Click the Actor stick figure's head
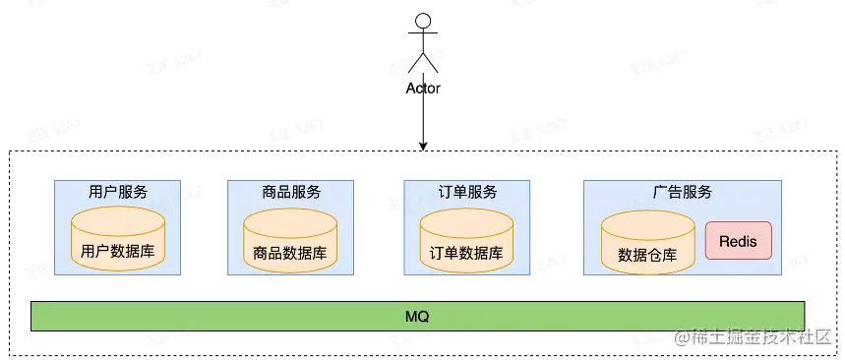pos(423,20)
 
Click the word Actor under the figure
pos(423,88)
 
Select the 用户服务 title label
pos(117,192)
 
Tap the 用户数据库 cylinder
pos(117,240)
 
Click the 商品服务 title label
pos(291,192)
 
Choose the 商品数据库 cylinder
pos(290,241)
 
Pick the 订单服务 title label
pos(467,192)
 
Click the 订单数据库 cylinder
pos(466,241)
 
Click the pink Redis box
pos(738,241)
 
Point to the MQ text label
pos(417,317)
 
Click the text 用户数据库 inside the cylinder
pos(117,252)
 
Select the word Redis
pos(738,241)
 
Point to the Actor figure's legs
pos(423,64)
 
